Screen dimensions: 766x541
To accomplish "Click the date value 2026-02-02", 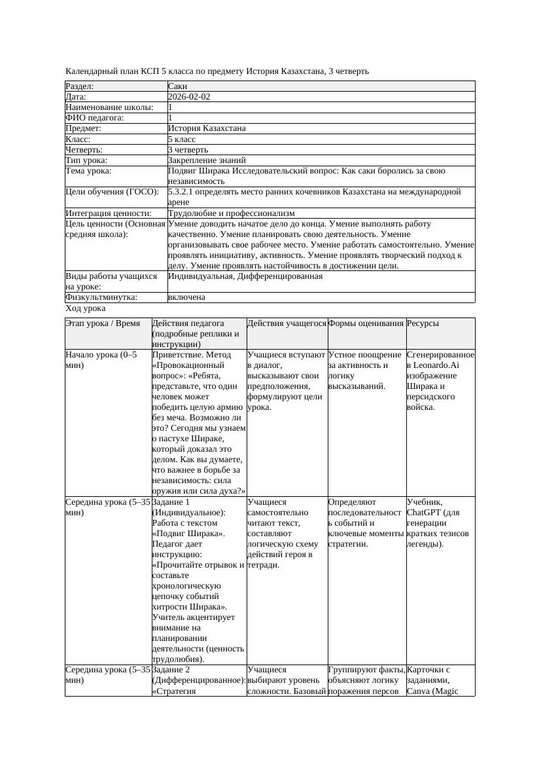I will [189, 97].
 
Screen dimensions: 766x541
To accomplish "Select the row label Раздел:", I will [80, 86].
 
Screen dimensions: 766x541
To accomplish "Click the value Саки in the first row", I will [177, 86].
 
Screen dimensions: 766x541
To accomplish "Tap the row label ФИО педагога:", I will [95, 118].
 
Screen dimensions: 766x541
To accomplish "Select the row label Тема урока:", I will [88, 171].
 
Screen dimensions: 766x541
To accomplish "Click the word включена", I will [186, 297].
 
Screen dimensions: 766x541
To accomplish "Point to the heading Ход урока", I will [86, 308].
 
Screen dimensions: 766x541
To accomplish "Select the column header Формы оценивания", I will [366, 323].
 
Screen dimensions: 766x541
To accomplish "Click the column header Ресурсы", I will [423, 323].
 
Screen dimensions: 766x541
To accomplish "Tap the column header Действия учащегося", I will [287, 323].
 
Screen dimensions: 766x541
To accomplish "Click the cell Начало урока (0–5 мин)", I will [101, 360].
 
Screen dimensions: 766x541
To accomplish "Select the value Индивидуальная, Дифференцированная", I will [245, 276].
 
